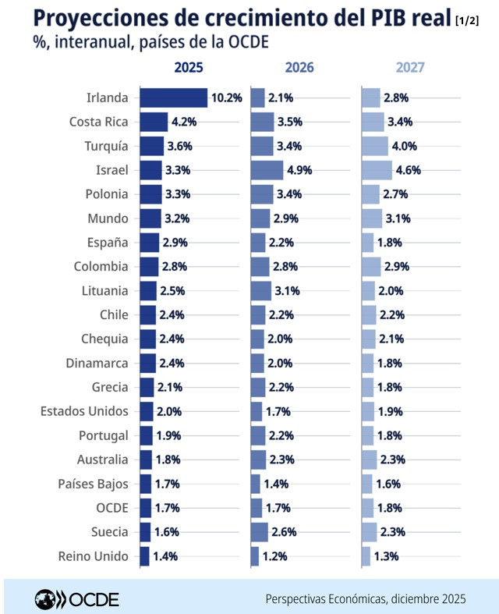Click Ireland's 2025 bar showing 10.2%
coord(173,98)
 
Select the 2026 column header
coord(299,67)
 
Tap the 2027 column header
coord(410,67)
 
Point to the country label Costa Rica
coord(98,122)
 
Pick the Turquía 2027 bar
coord(375,146)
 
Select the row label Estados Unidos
coord(84,411)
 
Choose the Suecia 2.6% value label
coord(289,532)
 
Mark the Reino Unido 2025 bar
coord(144,556)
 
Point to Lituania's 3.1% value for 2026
coord(288,291)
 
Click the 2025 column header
coord(189,67)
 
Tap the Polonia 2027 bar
coord(370,194)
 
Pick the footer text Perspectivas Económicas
coord(323,598)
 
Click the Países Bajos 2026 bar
coord(256,484)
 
